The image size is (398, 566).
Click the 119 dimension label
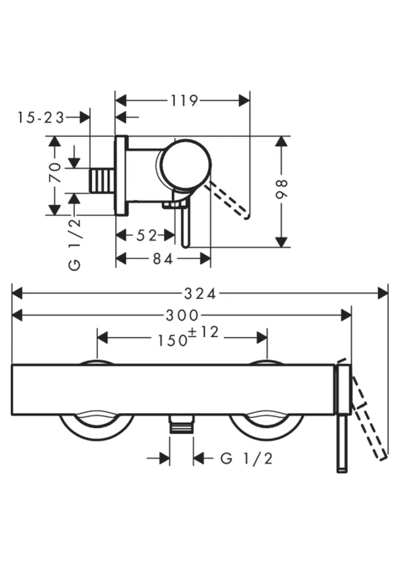point(184,101)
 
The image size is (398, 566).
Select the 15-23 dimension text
point(41,118)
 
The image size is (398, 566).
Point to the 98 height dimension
point(281,189)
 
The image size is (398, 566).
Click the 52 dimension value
point(147,235)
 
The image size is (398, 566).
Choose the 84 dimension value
point(163,258)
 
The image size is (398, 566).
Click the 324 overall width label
point(200,294)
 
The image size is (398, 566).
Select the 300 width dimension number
point(182,315)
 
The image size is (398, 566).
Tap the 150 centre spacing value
point(173,340)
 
